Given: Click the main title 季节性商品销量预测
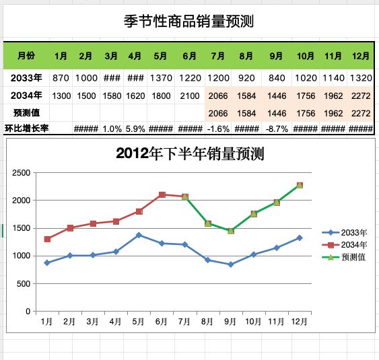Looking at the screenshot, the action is (188, 22).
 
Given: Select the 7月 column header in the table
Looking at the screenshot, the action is (218, 56).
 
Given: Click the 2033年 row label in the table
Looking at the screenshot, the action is (26, 78).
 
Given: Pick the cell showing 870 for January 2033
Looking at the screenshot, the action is (61, 78).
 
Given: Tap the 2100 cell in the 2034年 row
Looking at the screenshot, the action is (190, 96).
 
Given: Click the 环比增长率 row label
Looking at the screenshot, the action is (26, 129).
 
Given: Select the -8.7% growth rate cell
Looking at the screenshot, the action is (277, 129).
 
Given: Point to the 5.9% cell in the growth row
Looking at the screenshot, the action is (135, 129).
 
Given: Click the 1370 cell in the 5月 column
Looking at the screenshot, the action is (161, 78).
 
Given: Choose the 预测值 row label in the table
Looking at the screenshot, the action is (26, 113).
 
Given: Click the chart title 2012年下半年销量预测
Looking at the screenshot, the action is (190, 153).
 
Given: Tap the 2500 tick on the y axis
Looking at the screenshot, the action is (22, 173).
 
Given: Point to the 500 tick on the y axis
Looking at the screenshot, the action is (24, 284).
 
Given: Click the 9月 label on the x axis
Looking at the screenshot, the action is (230, 322).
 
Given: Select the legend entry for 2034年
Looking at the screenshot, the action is (345, 245).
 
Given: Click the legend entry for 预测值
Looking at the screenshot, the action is (344, 257).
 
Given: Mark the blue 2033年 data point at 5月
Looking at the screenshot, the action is (139, 235).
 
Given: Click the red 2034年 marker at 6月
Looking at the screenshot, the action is (162, 194).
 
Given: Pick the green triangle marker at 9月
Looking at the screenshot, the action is (231, 231).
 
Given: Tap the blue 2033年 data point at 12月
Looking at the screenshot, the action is (300, 238).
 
